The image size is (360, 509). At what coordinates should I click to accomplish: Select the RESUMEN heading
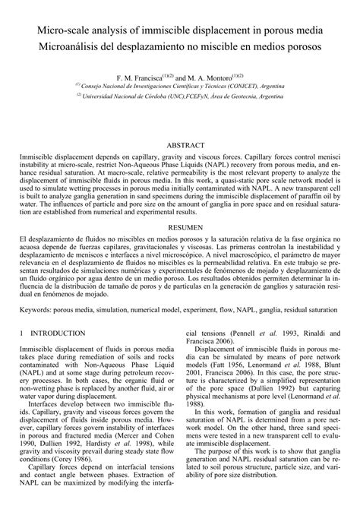pyautogui.click(x=180, y=226)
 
